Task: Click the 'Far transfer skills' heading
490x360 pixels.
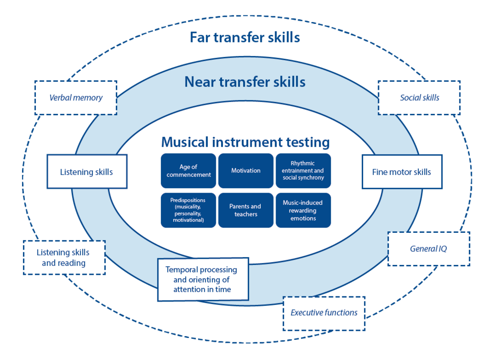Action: (245, 37)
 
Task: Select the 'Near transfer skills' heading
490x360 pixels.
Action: (245, 82)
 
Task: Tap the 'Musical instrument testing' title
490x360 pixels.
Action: (245, 142)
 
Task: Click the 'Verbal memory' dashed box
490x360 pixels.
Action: (76, 98)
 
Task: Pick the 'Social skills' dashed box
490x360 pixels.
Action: (419, 98)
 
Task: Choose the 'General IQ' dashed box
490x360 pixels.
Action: (428, 249)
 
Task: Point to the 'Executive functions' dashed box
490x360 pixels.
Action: (324, 313)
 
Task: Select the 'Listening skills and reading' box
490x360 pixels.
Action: (64, 257)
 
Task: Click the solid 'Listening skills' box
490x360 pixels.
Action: (87, 172)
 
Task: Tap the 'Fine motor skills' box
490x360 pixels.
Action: (401, 172)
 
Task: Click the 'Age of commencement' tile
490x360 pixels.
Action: (188, 171)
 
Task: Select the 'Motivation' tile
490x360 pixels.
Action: (246, 171)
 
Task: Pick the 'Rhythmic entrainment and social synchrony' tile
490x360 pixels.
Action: (303, 171)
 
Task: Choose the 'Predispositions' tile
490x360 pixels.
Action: (188, 210)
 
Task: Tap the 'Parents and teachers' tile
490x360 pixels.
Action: (245, 210)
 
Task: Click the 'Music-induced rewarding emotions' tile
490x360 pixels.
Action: (303, 210)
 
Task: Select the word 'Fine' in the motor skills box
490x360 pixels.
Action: (381, 172)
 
